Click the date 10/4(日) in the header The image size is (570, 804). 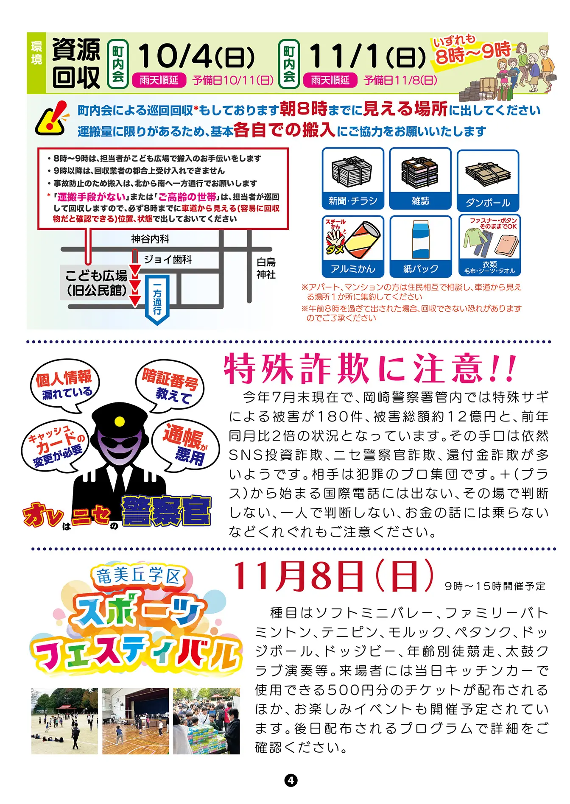coord(196,56)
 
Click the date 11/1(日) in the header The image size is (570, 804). coord(367,56)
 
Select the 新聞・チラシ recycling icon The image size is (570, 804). coord(353,179)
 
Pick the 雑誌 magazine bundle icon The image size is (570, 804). coord(420,179)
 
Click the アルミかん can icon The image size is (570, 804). coord(353,246)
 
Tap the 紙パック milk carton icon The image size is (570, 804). coord(420,246)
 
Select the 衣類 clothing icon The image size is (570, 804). coord(489,246)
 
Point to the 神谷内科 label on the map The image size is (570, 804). coord(151,239)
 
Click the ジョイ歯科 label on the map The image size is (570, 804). coord(168,260)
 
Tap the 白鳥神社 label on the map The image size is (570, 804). coord(266,268)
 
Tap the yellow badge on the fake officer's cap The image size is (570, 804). coord(120,421)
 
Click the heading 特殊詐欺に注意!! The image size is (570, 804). coord(370,368)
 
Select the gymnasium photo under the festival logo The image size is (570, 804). coord(136,721)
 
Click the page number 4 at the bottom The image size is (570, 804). coord(291,780)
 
